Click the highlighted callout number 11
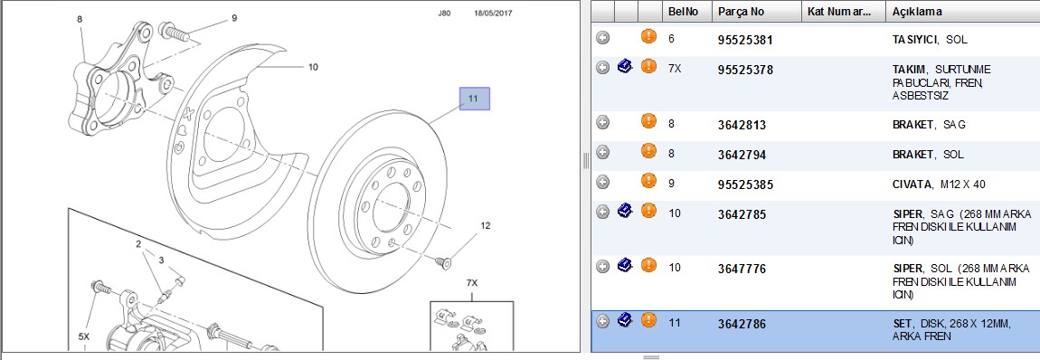(475, 99)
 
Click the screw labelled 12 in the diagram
(445, 263)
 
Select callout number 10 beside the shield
(313, 67)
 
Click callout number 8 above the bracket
(80, 19)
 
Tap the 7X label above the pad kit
(471, 283)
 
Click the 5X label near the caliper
(83, 336)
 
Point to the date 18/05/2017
(493, 13)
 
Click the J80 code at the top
(444, 13)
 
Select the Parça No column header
(741, 12)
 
